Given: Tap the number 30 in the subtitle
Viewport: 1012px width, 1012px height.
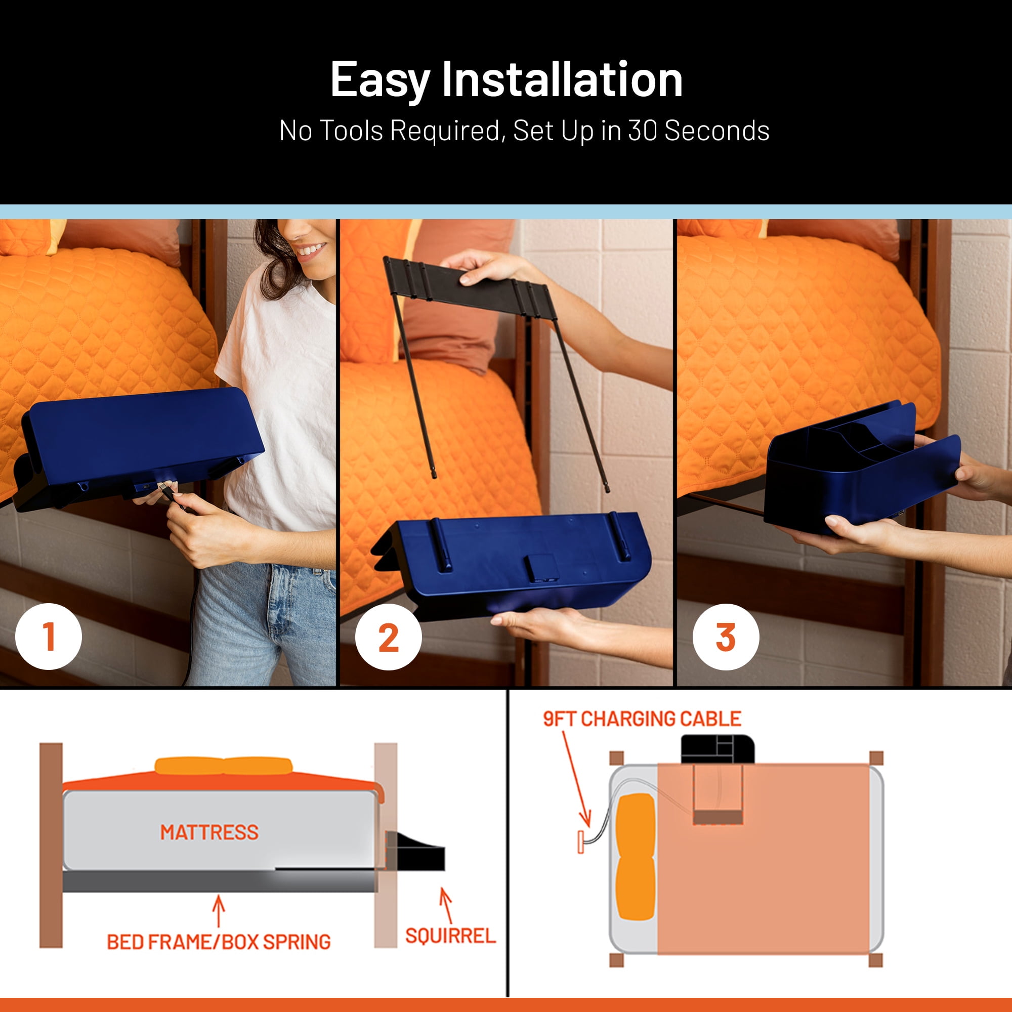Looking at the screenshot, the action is click(x=642, y=131).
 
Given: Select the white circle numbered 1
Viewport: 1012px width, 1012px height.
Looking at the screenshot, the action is click(x=49, y=637).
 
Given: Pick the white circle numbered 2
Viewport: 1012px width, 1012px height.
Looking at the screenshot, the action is click(x=388, y=637).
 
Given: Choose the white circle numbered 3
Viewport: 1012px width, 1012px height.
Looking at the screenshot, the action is click(x=726, y=637).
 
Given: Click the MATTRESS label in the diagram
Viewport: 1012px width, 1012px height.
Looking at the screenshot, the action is click(x=209, y=832).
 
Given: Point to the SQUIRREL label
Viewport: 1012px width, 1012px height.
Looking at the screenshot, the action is click(x=450, y=936).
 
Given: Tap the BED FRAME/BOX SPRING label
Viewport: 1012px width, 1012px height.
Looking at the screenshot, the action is click(x=219, y=942).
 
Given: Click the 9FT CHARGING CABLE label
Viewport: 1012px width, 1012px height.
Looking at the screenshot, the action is click(x=642, y=719).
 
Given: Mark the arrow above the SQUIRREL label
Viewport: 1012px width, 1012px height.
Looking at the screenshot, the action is click(x=446, y=905).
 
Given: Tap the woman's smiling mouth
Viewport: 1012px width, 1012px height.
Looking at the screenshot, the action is click(x=311, y=250).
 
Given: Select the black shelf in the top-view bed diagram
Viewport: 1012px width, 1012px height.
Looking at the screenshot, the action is click(x=718, y=749).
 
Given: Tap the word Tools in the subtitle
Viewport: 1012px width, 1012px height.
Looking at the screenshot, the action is click(x=352, y=131).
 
